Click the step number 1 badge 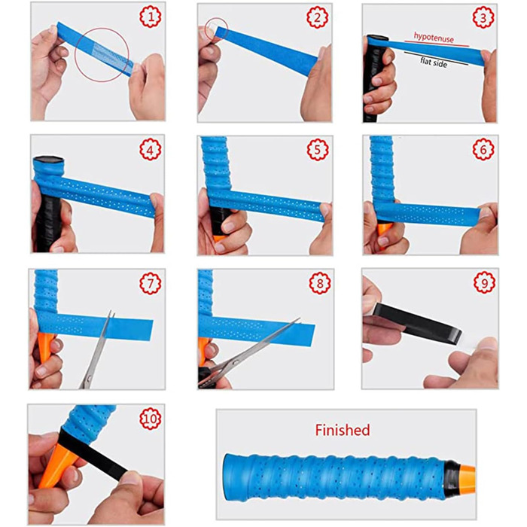[151, 17]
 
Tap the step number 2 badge [317, 17]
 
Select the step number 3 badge [483, 17]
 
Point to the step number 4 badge [151, 149]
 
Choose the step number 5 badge [318, 150]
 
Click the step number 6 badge [483, 149]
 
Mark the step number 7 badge [151, 283]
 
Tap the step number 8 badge [320, 283]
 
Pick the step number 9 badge [484, 282]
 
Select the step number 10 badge [151, 419]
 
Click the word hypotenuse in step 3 [434, 38]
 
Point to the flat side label [434, 62]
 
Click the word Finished [343, 430]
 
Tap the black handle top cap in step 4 [48, 160]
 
